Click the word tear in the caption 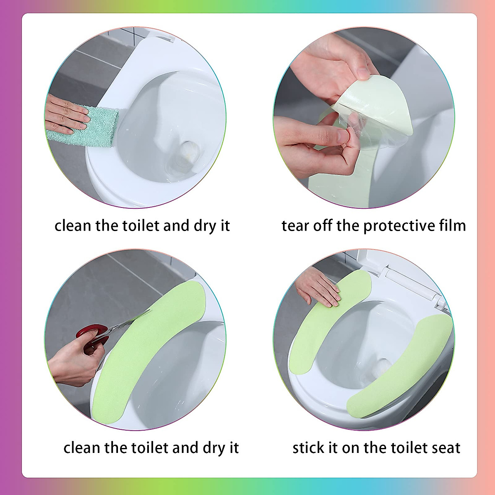(x=295, y=226)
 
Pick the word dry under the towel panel (x=203, y=226)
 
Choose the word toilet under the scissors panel (x=151, y=448)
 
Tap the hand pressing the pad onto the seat (x=318, y=287)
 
